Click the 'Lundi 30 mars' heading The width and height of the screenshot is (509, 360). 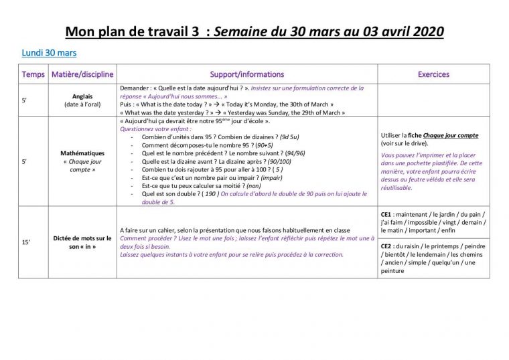pyautogui.click(x=49, y=52)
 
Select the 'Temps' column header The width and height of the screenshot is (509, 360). pyautogui.click(x=33, y=74)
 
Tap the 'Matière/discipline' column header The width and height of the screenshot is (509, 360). pyautogui.click(x=83, y=74)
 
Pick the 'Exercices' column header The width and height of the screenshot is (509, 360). pyautogui.click(x=433, y=74)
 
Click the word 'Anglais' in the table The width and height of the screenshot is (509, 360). pyautogui.click(x=84, y=96)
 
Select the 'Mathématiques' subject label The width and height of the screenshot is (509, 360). pyautogui.click(x=82, y=153)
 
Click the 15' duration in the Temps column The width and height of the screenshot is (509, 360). pyautogui.click(x=25, y=242)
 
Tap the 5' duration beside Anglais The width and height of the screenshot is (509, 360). pyautogui.click(x=24, y=100)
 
